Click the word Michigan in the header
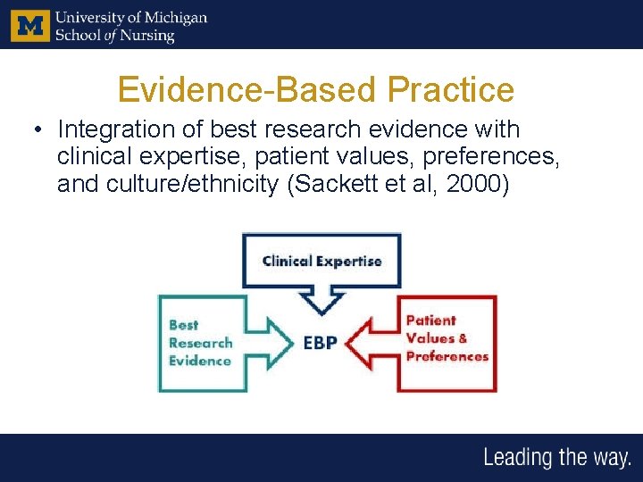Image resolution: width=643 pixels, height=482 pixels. point(175,18)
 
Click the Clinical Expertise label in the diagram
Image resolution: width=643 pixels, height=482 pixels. point(321,262)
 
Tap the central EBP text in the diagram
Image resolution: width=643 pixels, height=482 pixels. point(320,342)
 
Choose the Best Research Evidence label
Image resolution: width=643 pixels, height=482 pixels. point(200,343)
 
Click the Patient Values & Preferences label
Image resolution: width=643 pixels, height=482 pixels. point(447,338)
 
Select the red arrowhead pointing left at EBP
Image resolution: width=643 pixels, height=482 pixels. point(359,342)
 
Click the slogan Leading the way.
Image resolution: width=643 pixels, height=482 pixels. point(556,458)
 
